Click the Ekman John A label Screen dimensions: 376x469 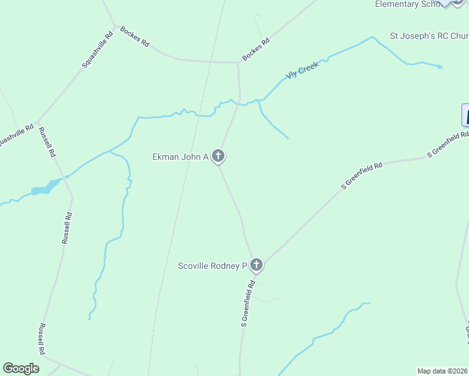181,157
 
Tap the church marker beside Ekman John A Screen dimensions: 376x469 218,156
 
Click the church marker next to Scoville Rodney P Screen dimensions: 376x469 256,265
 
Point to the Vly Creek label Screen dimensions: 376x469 302,70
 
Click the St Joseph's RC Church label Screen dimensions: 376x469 429,36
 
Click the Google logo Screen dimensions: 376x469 21,368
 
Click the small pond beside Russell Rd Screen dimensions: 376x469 42,189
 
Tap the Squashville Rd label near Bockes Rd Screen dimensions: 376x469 97,50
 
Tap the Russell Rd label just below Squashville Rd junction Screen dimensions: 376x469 48,142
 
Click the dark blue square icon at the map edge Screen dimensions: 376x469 465,115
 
